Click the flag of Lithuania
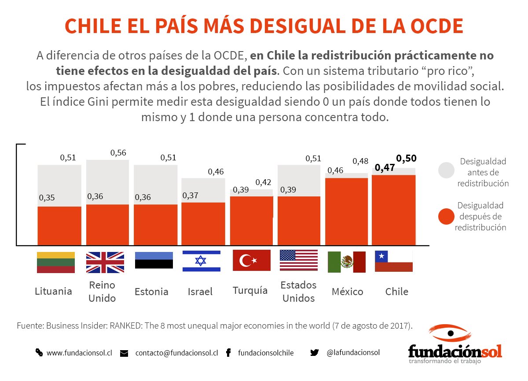point(55,262)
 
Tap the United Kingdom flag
point(105,262)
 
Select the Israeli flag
point(201,261)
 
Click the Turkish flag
point(251,261)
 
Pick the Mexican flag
point(346,262)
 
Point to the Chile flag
point(393,261)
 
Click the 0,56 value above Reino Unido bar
point(118,153)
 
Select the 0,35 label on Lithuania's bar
point(47,198)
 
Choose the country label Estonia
point(151,292)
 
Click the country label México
point(347,292)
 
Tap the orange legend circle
point(446,217)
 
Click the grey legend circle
point(446,170)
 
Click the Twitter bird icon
point(314,352)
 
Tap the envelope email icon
point(124,353)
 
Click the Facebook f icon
point(228,353)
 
